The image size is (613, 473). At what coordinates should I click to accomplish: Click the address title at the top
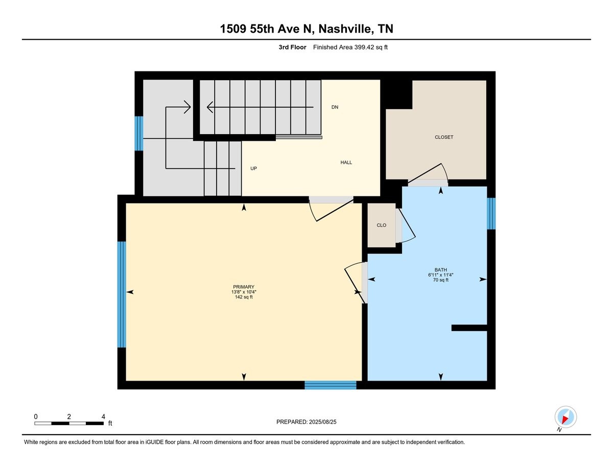(x=306, y=29)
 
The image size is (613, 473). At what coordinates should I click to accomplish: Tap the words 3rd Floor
(x=292, y=47)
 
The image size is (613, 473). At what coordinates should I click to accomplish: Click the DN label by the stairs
(x=335, y=107)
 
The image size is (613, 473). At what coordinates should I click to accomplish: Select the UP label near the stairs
(x=253, y=168)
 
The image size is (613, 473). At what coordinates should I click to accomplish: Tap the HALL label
(x=346, y=162)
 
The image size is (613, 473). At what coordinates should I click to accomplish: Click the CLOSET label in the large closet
(x=444, y=137)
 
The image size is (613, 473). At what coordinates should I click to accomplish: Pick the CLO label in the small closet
(x=382, y=225)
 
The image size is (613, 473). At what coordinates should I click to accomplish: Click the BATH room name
(x=441, y=269)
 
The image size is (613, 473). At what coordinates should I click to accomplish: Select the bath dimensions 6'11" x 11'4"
(x=441, y=275)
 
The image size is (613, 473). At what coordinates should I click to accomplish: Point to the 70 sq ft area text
(x=441, y=280)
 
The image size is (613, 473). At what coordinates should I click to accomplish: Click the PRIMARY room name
(x=244, y=287)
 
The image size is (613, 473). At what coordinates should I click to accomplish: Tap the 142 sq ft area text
(x=244, y=297)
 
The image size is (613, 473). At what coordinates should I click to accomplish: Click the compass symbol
(x=565, y=417)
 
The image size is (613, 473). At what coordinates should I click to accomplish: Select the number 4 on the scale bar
(x=103, y=416)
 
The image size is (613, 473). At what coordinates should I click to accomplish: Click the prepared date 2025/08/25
(x=323, y=422)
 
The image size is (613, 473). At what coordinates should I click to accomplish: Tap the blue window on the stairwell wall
(x=139, y=134)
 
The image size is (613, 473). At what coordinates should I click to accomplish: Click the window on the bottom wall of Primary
(x=331, y=385)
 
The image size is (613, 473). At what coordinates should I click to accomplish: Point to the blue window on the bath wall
(x=491, y=214)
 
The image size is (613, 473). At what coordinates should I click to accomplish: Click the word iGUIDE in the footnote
(x=154, y=442)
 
